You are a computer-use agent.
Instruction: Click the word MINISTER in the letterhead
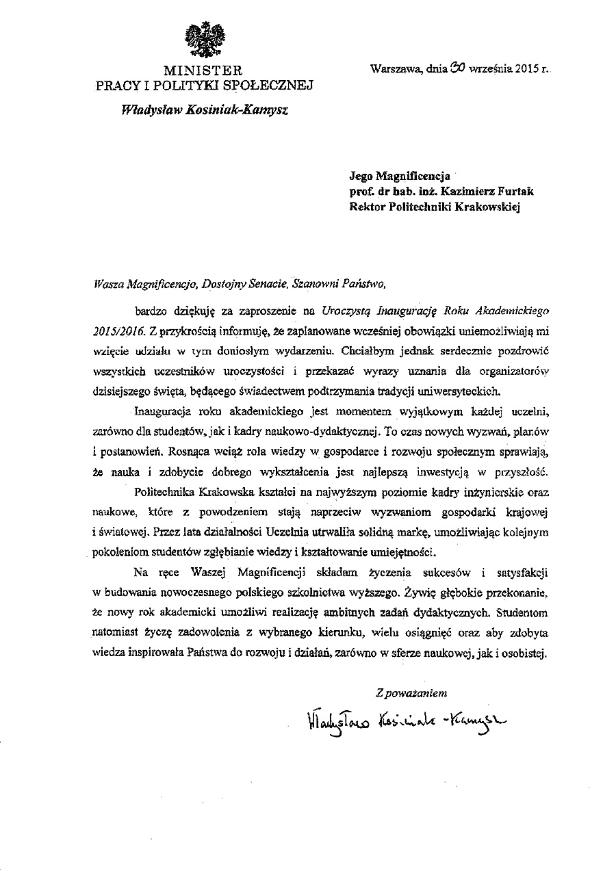203,70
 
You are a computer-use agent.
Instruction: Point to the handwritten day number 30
457,68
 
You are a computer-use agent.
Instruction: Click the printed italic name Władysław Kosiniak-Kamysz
204,109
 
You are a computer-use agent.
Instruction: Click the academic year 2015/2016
117,330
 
